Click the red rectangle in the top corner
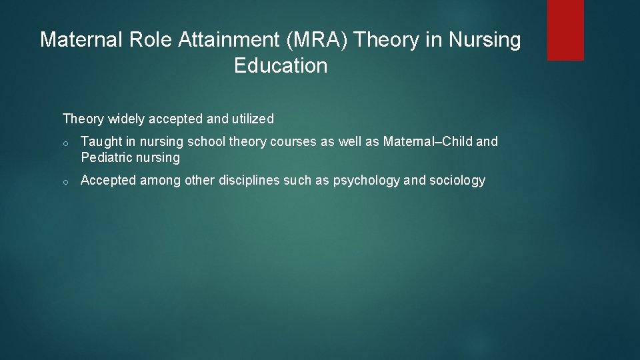click(565, 29)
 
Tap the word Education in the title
click(281, 66)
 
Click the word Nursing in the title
click(484, 41)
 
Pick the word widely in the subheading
click(126, 119)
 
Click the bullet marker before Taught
click(67, 143)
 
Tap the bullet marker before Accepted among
click(67, 181)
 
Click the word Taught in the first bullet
click(99, 142)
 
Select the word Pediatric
click(107, 158)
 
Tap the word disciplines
click(249, 181)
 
